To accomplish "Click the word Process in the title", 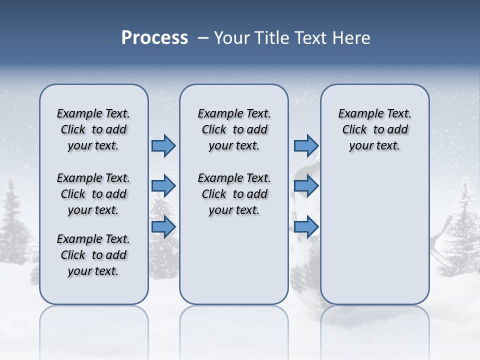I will tap(154, 38).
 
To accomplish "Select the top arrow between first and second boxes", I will tap(163, 145).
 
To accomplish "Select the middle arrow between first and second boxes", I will tap(163, 186).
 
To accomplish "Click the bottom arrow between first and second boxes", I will tap(163, 227).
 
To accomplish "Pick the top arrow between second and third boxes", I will tap(306, 145).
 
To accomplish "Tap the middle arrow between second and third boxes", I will tap(306, 186).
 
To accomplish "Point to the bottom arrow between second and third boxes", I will tap(306, 227).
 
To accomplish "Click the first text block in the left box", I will tap(93, 129).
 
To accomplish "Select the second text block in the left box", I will tap(93, 194).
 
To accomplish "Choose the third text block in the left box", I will tap(93, 255).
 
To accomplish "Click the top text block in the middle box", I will tap(234, 129).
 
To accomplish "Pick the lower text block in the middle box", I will tap(234, 194).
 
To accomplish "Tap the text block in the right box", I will tap(374, 129).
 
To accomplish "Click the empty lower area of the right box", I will tap(374, 235).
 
